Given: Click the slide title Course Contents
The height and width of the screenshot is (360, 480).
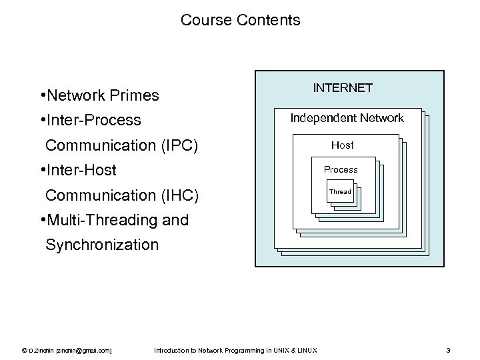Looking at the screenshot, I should (240, 21).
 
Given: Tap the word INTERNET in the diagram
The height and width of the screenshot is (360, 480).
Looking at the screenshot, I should (343, 88).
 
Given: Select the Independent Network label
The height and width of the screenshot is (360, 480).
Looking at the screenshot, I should (347, 118).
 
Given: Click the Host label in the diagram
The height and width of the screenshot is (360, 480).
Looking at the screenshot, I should (343, 145).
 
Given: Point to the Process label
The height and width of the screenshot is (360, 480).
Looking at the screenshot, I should (341, 169).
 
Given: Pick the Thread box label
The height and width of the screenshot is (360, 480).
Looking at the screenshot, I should (340, 192).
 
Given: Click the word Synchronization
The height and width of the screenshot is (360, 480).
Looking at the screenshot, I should (102, 245).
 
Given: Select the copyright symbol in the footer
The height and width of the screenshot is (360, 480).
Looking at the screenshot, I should (25, 350).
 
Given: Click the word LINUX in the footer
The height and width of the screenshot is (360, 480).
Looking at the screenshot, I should (307, 350).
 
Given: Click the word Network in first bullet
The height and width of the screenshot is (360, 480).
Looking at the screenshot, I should (73, 96).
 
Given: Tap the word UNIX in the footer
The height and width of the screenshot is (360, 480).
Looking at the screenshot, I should (281, 350).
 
